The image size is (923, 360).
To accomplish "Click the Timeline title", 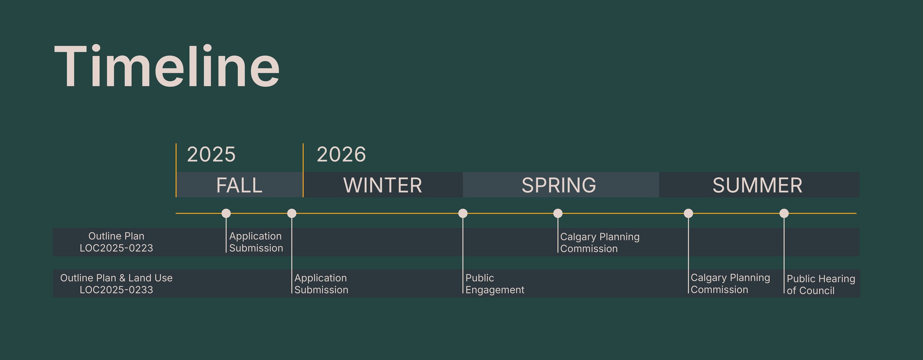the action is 167,66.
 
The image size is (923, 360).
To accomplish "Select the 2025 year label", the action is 211,154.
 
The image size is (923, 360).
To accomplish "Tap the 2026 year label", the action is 341,154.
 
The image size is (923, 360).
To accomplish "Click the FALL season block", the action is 239,185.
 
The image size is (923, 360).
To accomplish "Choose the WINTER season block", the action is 382,185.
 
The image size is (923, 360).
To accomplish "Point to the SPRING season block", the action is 559,185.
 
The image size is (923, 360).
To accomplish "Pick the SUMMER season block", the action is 757,185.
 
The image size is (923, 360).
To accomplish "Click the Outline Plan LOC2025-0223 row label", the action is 116,242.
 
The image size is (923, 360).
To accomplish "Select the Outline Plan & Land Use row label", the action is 116,284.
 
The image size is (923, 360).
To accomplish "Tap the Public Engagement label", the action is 494,284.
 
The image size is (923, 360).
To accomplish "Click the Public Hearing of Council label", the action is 821,284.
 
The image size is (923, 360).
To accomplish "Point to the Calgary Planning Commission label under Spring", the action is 600,243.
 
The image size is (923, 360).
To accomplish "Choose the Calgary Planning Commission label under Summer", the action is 730,284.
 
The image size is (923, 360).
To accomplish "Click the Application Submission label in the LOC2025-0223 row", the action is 256,242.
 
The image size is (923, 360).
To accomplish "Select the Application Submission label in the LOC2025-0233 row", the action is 321,284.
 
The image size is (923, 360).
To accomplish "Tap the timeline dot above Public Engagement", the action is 463,213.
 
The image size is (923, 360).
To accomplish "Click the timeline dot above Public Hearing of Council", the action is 784,213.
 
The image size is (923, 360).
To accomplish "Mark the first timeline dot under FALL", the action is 226,213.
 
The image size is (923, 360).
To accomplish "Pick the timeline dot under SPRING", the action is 557,213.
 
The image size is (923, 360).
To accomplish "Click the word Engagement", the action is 495,290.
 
